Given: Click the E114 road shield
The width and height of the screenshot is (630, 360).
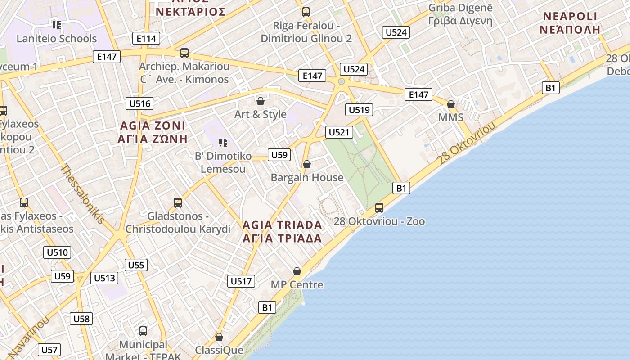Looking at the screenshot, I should tap(146, 39).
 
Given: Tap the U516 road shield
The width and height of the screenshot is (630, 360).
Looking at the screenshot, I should tap(139, 103).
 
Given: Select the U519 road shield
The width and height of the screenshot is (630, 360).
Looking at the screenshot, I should tap(359, 109).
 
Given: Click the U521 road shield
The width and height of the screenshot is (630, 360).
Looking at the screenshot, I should tap(339, 132).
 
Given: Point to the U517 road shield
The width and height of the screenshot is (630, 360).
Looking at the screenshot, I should tap(241, 281).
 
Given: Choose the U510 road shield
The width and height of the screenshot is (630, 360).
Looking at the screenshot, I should tap(58, 252).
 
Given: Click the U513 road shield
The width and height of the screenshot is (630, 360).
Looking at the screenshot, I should tap(104, 278).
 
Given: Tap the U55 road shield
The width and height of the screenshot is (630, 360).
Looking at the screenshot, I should tap(136, 265).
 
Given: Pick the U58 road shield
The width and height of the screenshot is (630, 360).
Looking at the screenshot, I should tap(81, 319).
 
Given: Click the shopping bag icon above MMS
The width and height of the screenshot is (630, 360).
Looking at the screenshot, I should tap(451, 104).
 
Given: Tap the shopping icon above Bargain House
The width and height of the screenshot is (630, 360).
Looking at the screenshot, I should tap(307, 164).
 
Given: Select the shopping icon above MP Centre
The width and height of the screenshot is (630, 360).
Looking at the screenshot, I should tap(297, 271).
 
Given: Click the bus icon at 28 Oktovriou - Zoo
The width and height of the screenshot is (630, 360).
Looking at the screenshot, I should tap(379, 207).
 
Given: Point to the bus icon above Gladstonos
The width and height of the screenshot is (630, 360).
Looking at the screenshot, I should tap(178, 202).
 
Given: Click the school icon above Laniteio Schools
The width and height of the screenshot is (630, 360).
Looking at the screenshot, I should tap(56, 24).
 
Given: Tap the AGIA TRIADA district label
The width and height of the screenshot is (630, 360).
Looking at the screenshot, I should tap(282, 231).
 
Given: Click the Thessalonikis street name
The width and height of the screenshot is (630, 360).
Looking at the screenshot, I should tap(83, 194).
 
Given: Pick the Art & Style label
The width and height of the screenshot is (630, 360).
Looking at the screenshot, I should tap(260, 114).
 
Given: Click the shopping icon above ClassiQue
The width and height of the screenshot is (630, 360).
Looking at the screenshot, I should tap(219, 337).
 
